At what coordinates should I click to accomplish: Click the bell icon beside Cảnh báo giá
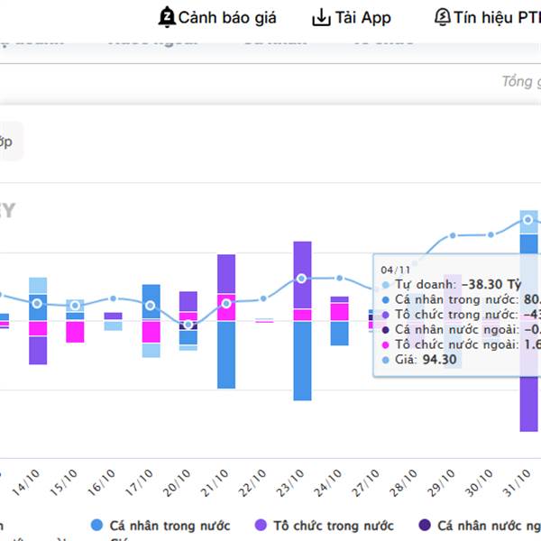pos(167,17)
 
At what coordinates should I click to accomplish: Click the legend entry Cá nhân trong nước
pos(170,525)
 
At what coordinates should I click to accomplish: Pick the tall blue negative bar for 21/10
pos(226,354)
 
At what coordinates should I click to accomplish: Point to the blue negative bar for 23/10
pos(302,361)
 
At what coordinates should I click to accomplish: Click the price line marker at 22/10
pos(264,298)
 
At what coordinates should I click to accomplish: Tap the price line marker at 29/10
pos(454,235)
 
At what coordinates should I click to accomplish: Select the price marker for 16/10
pos(113,298)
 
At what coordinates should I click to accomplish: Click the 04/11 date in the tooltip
pos(395,269)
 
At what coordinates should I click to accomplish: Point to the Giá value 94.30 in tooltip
pos(440,360)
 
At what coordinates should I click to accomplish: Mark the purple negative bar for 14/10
pos(37,350)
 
